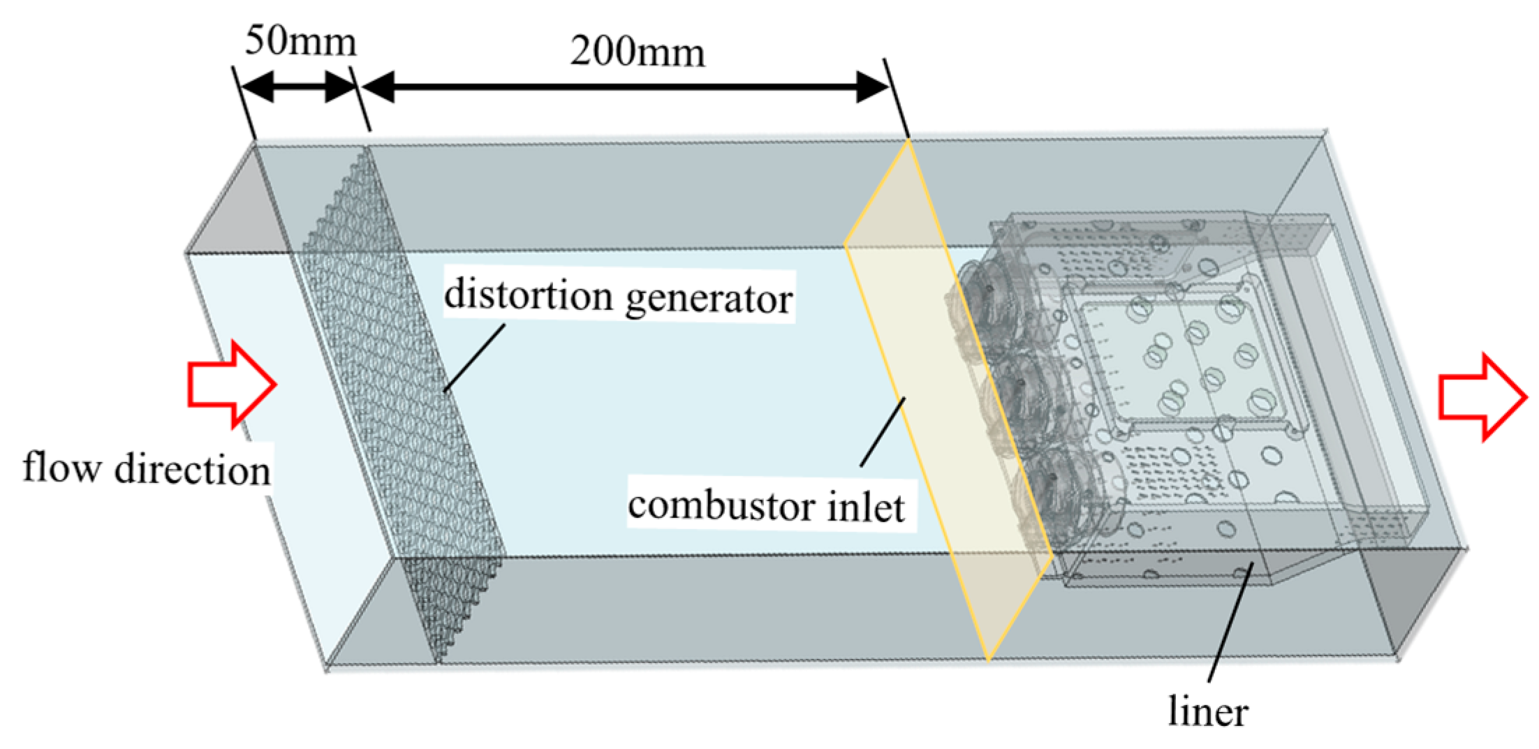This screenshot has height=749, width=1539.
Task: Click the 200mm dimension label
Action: (x=637, y=52)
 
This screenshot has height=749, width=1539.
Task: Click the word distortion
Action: (x=528, y=295)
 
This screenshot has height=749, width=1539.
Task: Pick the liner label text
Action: (x=1208, y=712)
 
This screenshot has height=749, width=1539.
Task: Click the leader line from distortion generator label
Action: (x=475, y=357)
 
